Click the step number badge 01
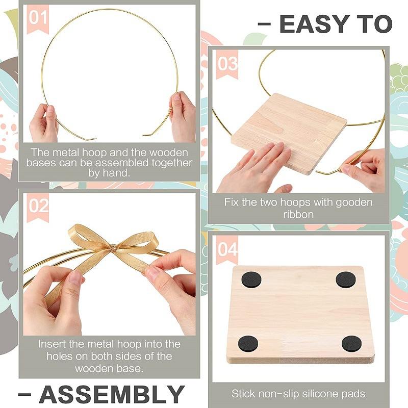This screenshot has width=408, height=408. coord(38,19)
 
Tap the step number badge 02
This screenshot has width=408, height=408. coord(38,208)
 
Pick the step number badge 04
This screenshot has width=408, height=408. coord(227,250)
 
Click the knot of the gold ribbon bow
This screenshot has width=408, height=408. coord(113,247)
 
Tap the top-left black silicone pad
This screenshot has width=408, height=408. coord(251,279)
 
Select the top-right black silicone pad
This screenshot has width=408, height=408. coord(346,279)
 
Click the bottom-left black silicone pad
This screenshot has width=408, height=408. coord(248,343)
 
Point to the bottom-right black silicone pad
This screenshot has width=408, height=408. coord(351,343)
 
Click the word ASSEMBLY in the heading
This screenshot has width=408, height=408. coord(112,394)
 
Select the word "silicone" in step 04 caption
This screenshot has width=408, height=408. coord(317,394)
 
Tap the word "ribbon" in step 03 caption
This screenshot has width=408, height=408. coord(298,215)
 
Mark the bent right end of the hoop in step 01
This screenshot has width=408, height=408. coord(148,135)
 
